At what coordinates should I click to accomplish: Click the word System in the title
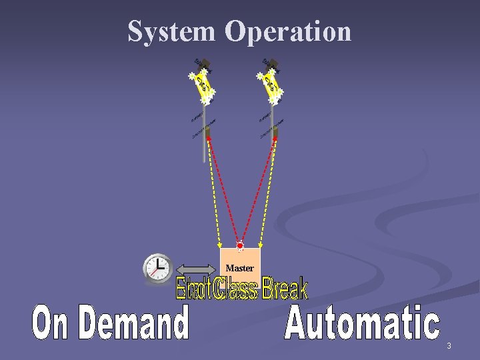point(171,31)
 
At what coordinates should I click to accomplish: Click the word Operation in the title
point(288,31)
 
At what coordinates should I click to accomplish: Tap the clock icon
point(158,268)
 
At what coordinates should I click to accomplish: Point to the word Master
point(239,268)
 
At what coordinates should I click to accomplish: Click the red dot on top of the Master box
point(239,246)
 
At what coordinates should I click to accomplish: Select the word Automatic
point(363,323)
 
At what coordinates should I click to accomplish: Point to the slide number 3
point(449,346)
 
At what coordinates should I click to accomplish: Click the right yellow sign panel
point(271,85)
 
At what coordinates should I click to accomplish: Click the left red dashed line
point(223,190)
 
